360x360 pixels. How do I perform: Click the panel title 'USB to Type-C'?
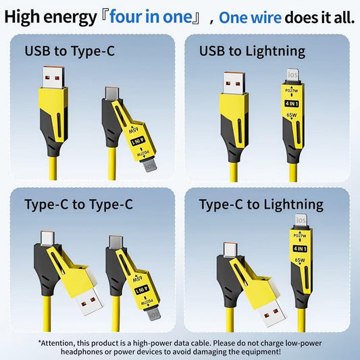(70, 51)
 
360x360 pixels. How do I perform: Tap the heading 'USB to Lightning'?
(252, 51)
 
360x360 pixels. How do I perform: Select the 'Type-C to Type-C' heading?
(78, 205)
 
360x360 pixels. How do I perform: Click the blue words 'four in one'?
(151, 17)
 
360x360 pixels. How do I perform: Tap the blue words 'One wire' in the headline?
(250, 18)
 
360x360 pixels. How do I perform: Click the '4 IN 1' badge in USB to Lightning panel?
(292, 104)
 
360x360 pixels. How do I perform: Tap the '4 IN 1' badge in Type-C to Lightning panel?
(300, 249)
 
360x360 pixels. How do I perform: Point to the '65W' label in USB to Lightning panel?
(292, 115)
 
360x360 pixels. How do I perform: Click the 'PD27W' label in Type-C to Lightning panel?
(300, 236)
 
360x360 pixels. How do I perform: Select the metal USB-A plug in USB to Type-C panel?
(53, 77)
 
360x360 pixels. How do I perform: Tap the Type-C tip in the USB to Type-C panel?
(112, 93)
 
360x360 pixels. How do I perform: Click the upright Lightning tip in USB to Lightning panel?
(292, 75)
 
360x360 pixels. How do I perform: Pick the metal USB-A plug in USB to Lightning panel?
(234, 83)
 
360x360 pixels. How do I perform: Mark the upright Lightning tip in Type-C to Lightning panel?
(301, 220)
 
